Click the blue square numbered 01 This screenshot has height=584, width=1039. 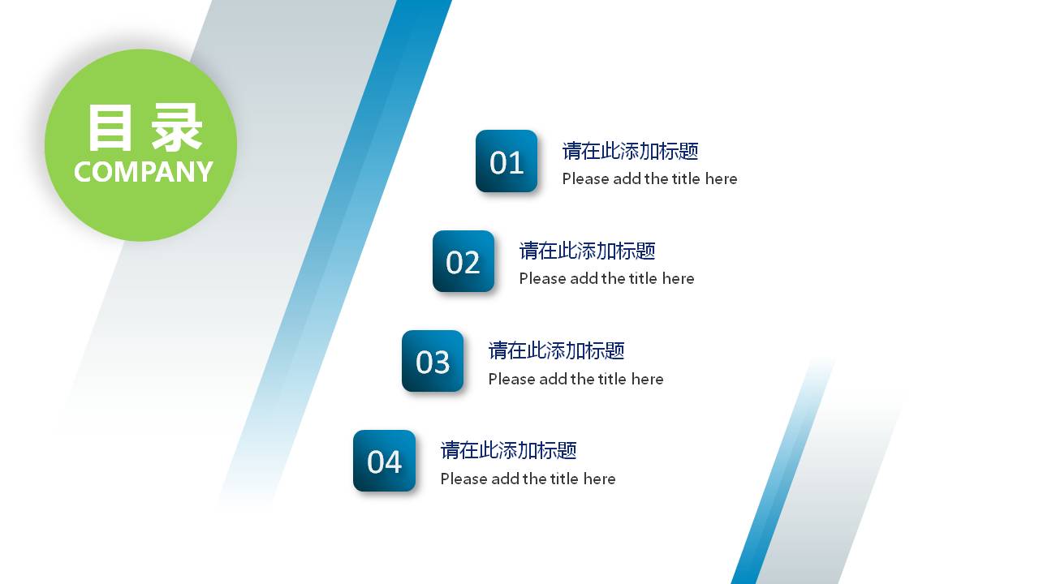507,161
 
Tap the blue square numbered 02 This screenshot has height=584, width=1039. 463,261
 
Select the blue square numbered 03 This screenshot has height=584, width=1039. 433,361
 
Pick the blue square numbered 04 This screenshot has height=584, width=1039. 384,461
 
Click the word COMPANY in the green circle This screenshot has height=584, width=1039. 143,172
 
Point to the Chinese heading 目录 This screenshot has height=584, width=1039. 144,128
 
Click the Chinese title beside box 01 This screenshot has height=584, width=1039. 630,151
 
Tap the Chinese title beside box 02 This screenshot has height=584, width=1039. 587,251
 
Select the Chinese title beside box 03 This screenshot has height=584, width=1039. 556,350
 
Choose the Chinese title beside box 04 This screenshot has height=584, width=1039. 508,450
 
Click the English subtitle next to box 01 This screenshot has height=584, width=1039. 649,178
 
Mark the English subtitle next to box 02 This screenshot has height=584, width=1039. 606,278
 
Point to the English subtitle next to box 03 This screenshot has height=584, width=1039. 576,379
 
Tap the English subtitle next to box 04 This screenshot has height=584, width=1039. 528,479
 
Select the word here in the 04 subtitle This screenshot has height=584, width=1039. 599,479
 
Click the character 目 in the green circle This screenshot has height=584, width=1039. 110,128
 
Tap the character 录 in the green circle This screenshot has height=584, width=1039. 178,128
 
